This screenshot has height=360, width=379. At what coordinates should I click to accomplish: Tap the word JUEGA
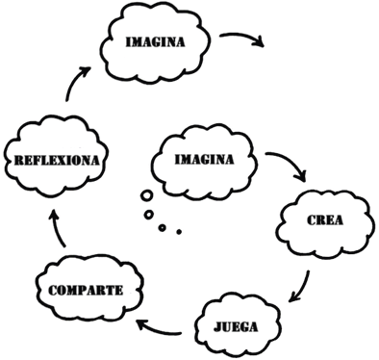tap(237, 325)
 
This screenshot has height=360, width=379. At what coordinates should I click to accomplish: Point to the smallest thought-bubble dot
tap(178, 231)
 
